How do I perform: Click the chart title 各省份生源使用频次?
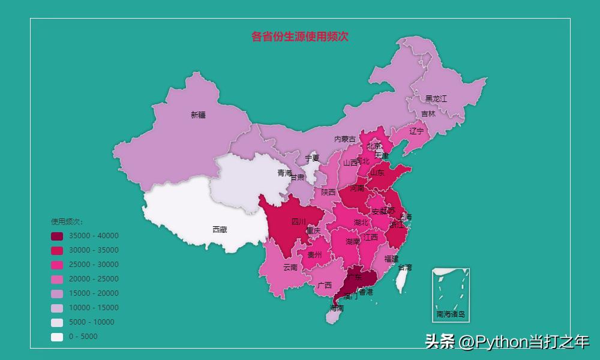(300, 37)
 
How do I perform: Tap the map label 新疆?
(198, 115)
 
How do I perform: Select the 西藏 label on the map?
(220, 229)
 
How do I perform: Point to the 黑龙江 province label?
(436, 98)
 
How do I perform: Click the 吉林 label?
(428, 113)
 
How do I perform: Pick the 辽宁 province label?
(416, 131)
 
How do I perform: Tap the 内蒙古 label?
(345, 139)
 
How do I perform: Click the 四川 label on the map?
(298, 222)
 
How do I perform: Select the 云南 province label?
(290, 267)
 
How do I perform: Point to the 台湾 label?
(405, 267)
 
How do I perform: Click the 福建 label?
(391, 259)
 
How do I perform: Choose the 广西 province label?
(325, 285)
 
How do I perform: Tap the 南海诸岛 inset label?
(451, 314)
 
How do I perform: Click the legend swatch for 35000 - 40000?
(57, 236)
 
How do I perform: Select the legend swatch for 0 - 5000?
(57, 337)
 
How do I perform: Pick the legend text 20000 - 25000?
(94, 279)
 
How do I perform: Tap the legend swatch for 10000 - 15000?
(57, 308)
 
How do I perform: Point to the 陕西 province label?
(328, 192)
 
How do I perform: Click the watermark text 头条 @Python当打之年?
(507, 341)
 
